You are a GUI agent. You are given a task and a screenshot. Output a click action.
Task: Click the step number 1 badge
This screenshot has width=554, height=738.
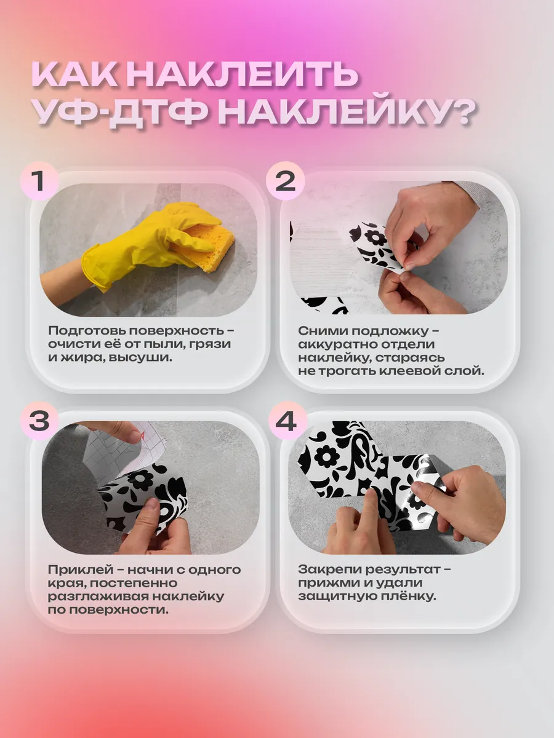[x=39, y=181]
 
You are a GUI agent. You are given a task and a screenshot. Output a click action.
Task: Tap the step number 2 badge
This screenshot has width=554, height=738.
[x=285, y=181]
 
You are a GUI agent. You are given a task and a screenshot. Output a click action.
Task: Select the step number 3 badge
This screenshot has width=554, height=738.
[x=39, y=421]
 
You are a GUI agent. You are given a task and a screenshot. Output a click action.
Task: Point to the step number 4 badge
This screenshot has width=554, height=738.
[x=286, y=421]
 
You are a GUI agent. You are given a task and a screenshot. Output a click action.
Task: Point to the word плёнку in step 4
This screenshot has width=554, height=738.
[x=409, y=597]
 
